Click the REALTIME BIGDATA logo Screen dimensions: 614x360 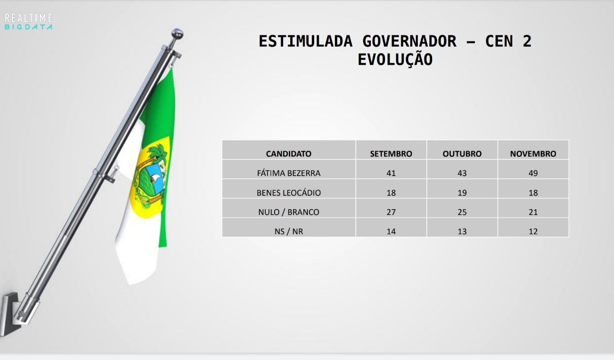(28, 22)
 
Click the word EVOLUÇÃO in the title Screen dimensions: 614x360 (395, 60)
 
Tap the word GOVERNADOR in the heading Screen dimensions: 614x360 (410, 41)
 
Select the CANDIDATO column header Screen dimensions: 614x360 (289, 154)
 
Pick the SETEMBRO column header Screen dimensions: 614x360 (391, 154)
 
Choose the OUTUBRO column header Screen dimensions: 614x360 (462, 154)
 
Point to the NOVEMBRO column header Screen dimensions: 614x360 (533, 154)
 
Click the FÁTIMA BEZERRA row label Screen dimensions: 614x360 (289, 173)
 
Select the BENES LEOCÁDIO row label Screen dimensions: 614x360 (289, 192)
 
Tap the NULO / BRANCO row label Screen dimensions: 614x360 (289, 212)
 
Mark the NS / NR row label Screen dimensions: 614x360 (289, 231)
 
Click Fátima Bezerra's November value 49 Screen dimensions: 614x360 (533, 173)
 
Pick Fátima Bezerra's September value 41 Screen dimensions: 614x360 (391, 173)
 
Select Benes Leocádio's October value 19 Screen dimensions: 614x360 (462, 192)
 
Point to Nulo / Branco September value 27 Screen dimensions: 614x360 (391, 212)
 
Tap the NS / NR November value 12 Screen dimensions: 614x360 (533, 231)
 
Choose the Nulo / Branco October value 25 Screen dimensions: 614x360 (462, 212)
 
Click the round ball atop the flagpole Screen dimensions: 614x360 (177, 34)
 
